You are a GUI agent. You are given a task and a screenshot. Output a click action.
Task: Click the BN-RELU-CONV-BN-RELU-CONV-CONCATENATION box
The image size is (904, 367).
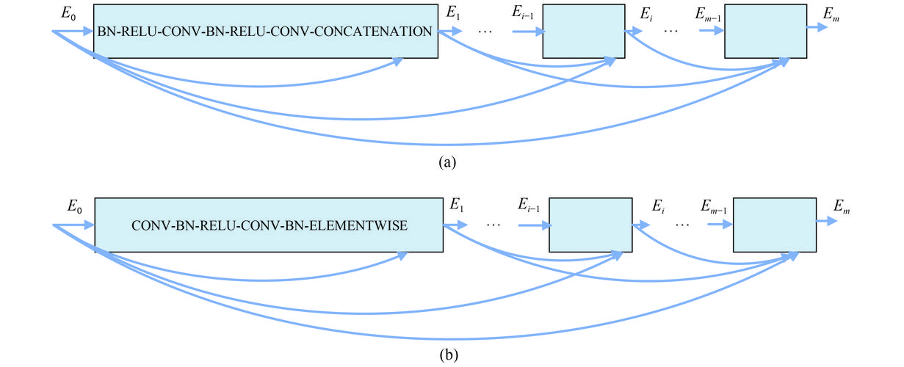click(x=265, y=32)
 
